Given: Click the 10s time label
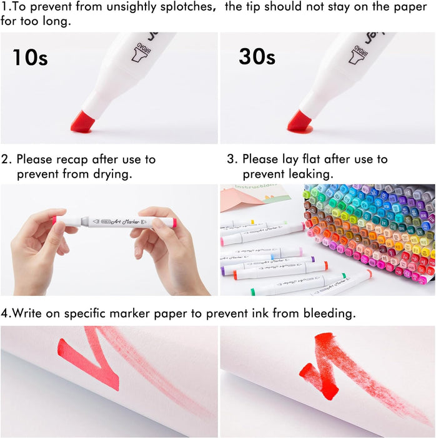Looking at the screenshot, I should point(30,58).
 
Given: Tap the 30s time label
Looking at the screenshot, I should point(257,58).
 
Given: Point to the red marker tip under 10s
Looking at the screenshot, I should point(82,121).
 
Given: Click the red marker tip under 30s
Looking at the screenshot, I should point(300,121).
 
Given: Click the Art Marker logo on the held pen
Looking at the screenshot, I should point(119,221).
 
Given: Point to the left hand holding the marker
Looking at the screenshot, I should point(37,247).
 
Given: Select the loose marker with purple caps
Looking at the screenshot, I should point(269,263).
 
